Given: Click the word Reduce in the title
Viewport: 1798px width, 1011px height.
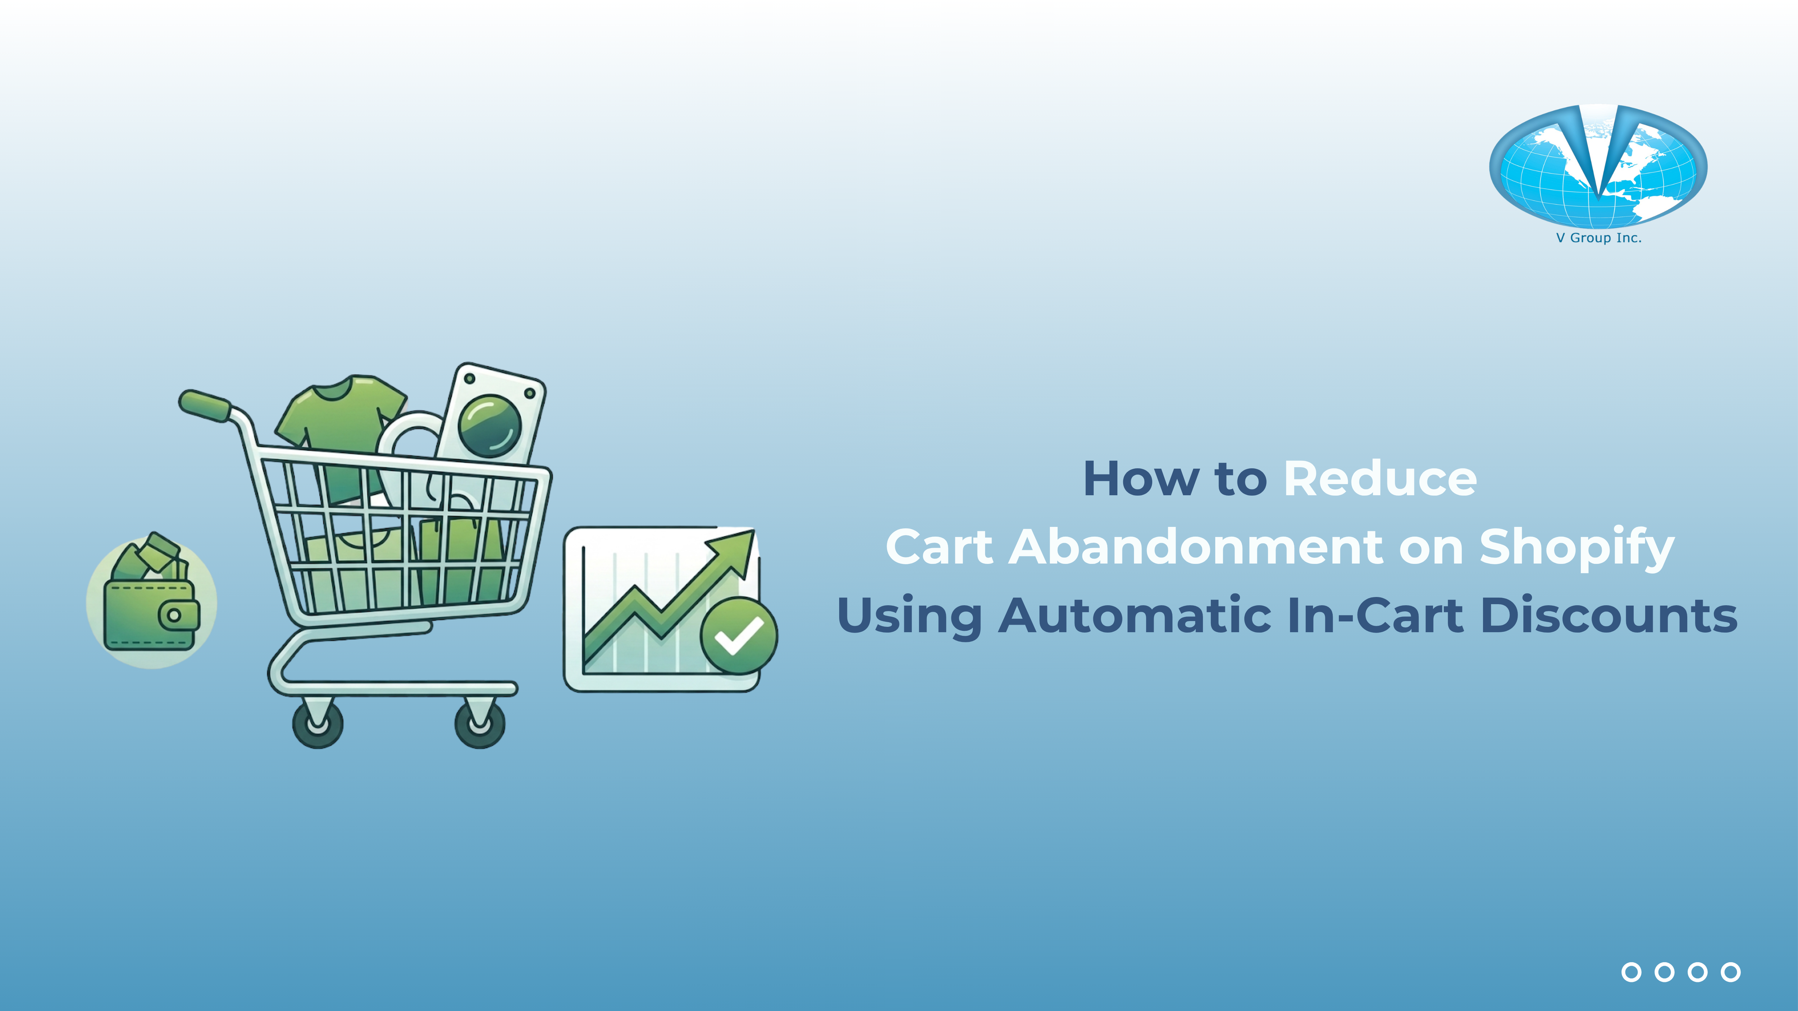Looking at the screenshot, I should (1380, 479).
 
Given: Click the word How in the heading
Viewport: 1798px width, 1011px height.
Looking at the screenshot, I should (1141, 479).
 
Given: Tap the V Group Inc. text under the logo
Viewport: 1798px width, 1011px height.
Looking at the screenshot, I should (1598, 238).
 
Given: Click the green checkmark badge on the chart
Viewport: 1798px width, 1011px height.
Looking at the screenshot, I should (739, 635).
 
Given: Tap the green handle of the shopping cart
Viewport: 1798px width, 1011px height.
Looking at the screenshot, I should (205, 406).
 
